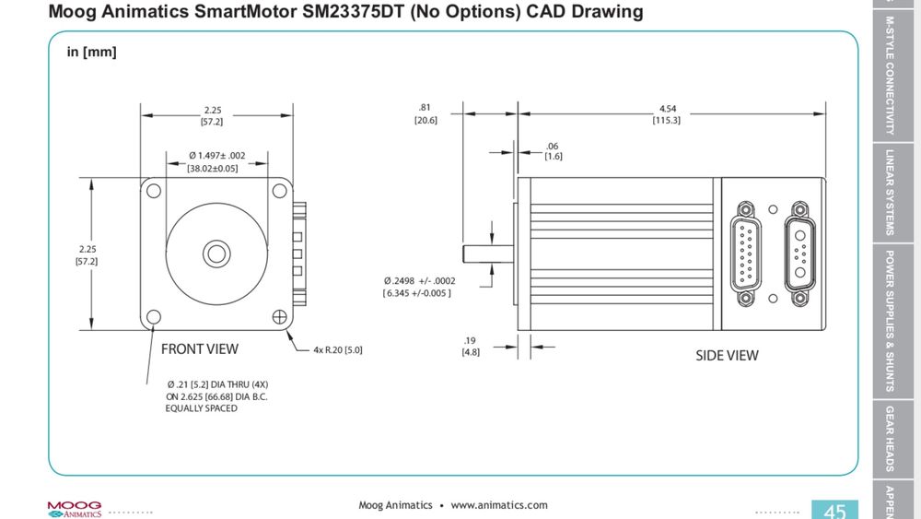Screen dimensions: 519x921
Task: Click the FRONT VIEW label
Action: tap(199, 349)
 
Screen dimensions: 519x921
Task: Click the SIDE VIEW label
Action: tap(727, 356)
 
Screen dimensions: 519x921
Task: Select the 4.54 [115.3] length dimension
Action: tap(666, 114)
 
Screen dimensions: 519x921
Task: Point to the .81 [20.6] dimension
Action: tap(425, 113)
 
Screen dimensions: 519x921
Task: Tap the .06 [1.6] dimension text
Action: tap(553, 151)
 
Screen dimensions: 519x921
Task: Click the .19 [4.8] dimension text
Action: tap(470, 346)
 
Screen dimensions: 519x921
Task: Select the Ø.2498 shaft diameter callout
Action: tap(420, 287)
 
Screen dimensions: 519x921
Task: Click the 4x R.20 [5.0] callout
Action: tap(337, 350)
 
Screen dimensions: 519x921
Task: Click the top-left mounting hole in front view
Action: tap(154, 191)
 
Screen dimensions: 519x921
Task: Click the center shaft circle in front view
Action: tap(216, 252)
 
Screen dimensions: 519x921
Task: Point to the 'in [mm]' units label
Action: tap(91, 53)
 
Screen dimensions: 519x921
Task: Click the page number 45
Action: tap(834, 511)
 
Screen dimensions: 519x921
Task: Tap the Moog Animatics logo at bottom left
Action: tap(74, 509)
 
